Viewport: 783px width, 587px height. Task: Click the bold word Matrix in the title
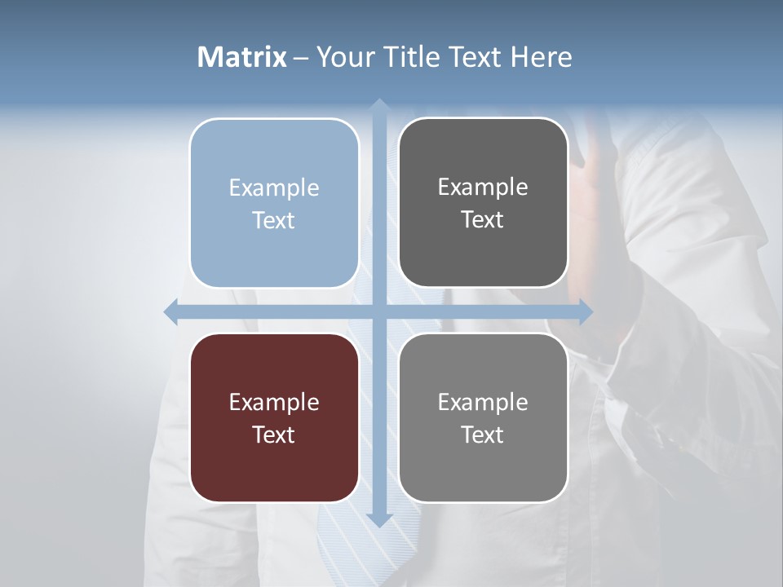click(242, 57)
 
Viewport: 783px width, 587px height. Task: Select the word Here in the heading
click(541, 57)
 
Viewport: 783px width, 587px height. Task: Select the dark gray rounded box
click(483, 245)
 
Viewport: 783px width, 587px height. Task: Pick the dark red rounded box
click(274, 465)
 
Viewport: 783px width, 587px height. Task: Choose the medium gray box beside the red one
click(483, 465)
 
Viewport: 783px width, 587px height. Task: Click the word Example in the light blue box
click(274, 188)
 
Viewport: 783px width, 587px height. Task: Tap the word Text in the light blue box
click(274, 220)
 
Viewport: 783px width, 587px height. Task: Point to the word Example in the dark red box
click(274, 402)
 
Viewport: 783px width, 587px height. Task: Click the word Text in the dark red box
click(274, 435)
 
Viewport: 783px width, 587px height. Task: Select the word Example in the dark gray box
click(483, 188)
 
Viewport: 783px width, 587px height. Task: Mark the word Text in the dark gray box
click(483, 219)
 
